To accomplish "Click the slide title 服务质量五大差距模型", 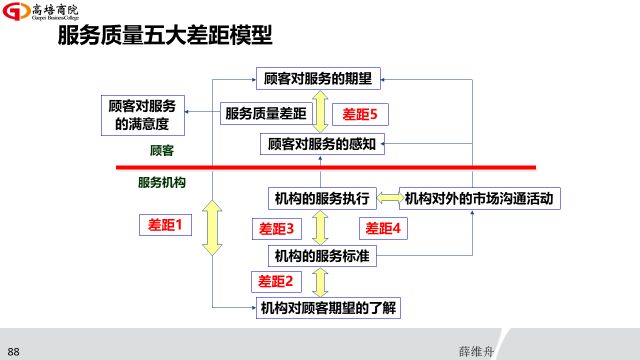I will pos(166,37).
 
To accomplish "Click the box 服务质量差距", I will pos(265,113).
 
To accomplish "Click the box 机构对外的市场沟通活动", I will pos(479,197).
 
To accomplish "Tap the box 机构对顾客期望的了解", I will pos(328,307).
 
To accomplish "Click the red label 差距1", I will pos(163,226).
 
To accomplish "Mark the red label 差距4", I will pos(382,228).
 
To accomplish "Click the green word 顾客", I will pos(162,150).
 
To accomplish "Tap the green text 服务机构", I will pos(162,183).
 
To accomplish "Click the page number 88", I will pos(14,351).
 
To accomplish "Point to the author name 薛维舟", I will pos(476,351).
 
